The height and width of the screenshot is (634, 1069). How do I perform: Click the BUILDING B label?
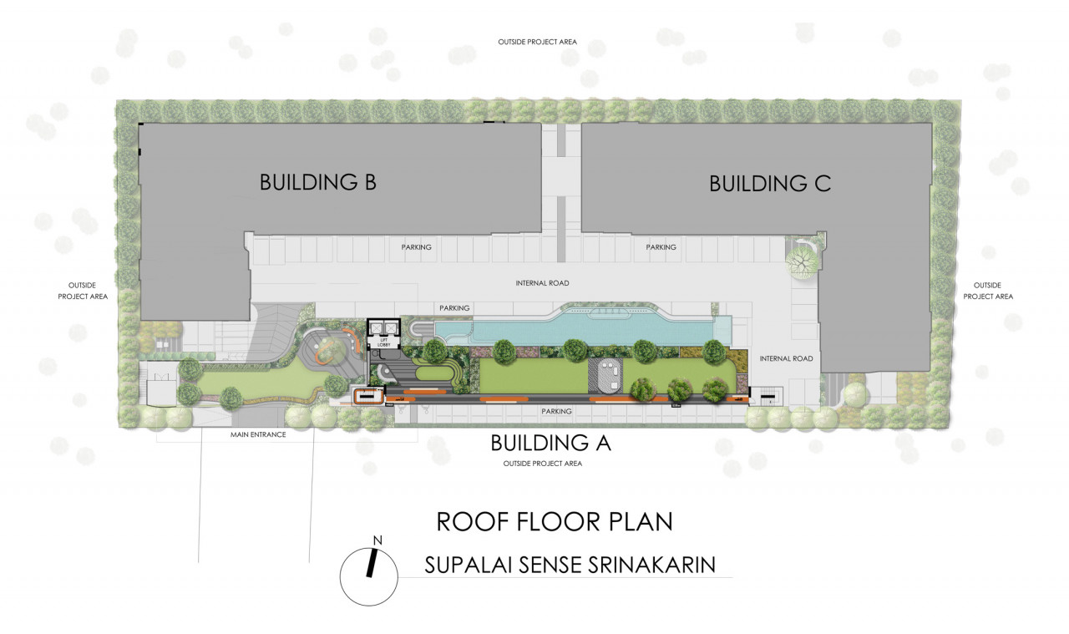pos(318,182)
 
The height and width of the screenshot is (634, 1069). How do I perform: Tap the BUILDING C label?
pos(770,184)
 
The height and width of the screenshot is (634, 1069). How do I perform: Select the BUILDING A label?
pos(550,443)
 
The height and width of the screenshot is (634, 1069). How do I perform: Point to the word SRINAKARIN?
pos(651,565)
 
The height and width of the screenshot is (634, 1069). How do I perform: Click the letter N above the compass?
pos(377,540)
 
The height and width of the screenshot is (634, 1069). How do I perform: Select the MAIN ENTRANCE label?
pos(258,434)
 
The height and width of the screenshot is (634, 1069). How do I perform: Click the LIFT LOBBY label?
pos(383,342)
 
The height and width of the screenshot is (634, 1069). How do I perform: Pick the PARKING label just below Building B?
pos(416,247)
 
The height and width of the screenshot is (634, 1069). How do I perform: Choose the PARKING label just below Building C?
pos(661,247)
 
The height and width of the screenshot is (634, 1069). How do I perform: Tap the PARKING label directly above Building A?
pos(556,411)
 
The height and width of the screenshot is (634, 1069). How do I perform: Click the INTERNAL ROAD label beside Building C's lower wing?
pos(786,358)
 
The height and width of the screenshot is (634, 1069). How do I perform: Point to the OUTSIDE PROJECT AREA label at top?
pos(537,42)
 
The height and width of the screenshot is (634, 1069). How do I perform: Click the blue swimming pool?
pos(583,328)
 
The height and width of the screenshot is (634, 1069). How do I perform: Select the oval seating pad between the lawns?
pos(605,376)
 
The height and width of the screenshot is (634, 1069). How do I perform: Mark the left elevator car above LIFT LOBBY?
pos(377,327)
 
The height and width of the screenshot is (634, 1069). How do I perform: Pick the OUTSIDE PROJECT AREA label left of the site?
pos(83,291)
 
